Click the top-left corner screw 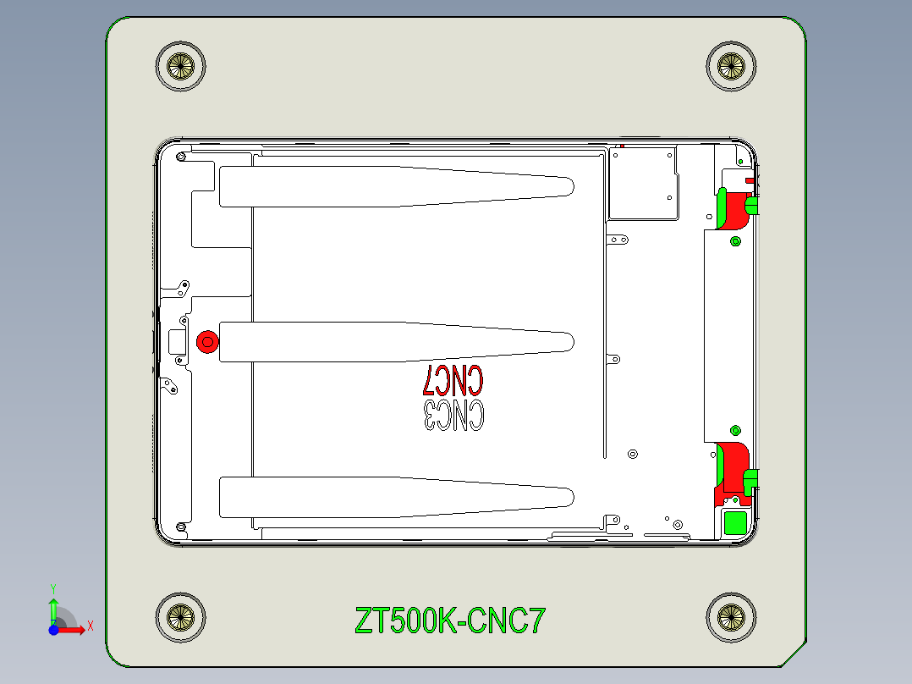[x=181, y=65]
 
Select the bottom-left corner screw [x=181, y=616]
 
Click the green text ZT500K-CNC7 [x=450, y=621]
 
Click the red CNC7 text [x=453, y=380]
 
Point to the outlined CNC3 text [x=453, y=415]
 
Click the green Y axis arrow [x=53, y=608]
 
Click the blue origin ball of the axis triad [x=53, y=629]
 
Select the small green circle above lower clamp [x=734, y=430]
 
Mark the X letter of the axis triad [x=90, y=626]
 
